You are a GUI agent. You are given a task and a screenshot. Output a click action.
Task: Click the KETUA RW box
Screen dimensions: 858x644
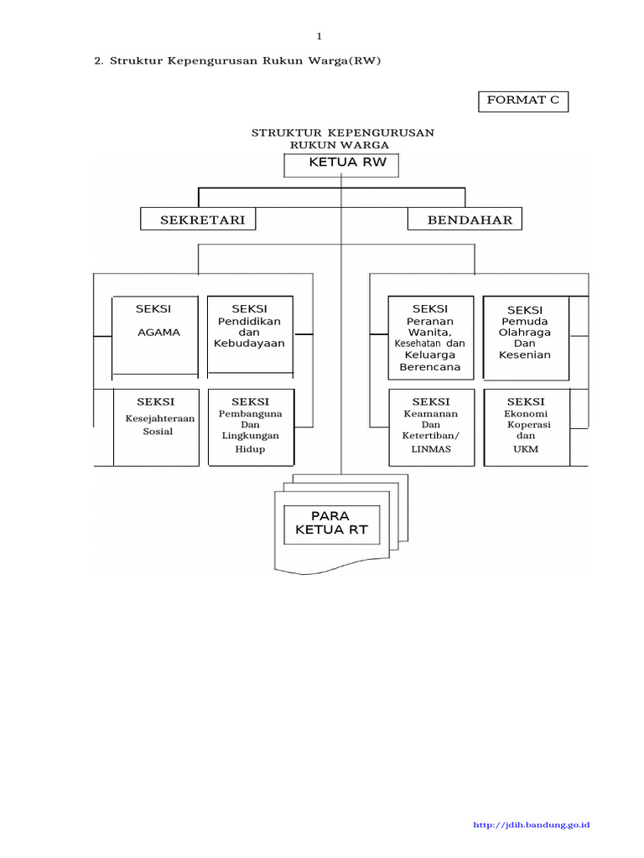click(341, 164)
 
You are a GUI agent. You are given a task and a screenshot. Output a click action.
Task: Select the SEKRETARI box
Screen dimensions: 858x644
click(198, 220)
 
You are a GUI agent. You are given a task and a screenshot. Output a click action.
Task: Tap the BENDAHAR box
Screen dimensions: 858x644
click(465, 220)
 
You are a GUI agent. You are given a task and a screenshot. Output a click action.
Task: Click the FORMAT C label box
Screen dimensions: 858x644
click(522, 101)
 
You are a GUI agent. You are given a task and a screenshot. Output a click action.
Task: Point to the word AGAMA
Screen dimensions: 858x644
click(158, 332)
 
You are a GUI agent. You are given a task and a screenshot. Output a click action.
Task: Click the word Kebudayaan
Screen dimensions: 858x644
click(250, 344)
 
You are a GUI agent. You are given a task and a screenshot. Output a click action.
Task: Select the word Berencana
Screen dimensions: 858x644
click(430, 367)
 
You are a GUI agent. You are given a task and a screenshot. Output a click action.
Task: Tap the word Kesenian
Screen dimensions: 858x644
click(525, 355)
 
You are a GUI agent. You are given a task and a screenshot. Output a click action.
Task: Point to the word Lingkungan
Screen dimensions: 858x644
click(251, 436)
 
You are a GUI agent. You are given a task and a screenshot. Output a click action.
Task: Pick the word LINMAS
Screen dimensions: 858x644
click(431, 449)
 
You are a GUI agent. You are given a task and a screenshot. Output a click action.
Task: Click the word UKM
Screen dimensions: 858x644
click(526, 449)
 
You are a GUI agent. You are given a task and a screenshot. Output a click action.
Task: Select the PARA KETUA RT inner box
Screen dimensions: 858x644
click(331, 523)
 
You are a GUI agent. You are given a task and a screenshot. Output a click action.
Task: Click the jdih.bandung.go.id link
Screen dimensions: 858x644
click(532, 825)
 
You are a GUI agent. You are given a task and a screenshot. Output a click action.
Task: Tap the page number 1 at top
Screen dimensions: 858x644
click(319, 35)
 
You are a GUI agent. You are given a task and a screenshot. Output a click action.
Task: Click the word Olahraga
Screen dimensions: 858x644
click(525, 333)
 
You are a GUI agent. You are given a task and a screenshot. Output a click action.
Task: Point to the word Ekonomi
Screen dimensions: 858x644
click(526, 414)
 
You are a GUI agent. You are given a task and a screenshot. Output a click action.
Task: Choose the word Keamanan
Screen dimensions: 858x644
click(431, 414)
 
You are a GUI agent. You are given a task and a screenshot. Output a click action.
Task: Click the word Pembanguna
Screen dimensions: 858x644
click(251, 414)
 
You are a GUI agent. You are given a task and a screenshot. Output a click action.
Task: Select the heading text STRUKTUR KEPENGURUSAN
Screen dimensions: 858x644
click(343, 133)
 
